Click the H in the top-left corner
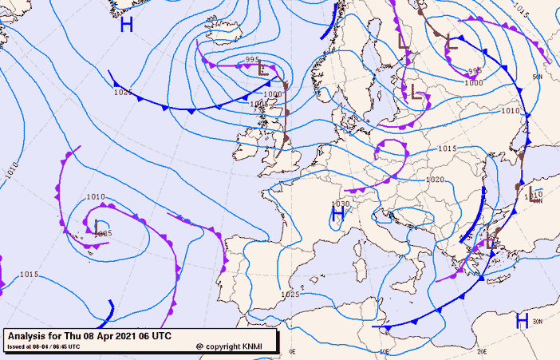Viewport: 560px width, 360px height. point(126,25)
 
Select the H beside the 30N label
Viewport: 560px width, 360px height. point(522,321)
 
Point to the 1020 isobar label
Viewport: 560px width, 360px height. point(434,180)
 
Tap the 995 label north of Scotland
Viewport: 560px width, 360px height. point(253,60)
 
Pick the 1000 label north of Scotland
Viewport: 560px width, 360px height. point(272,93)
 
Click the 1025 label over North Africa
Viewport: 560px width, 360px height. point(290,295)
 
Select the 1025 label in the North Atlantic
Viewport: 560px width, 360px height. point(122,92)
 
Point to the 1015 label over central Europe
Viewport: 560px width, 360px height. point(447,149)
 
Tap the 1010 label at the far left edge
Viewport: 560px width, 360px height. point(10,169)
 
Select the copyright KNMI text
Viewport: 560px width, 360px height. point(234,347)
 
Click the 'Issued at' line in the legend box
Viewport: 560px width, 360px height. point(43,347)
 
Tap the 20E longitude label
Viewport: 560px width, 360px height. point(482,351)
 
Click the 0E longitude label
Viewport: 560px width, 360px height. point(292,351)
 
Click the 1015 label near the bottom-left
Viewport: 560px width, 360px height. point(29,275)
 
